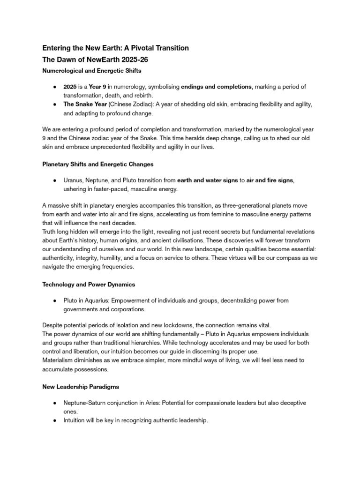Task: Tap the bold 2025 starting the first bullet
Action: point(71,87)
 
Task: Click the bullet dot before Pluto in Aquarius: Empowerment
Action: point(55,300)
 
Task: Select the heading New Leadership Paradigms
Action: point(80,386)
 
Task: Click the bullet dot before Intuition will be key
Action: point(55,420)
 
